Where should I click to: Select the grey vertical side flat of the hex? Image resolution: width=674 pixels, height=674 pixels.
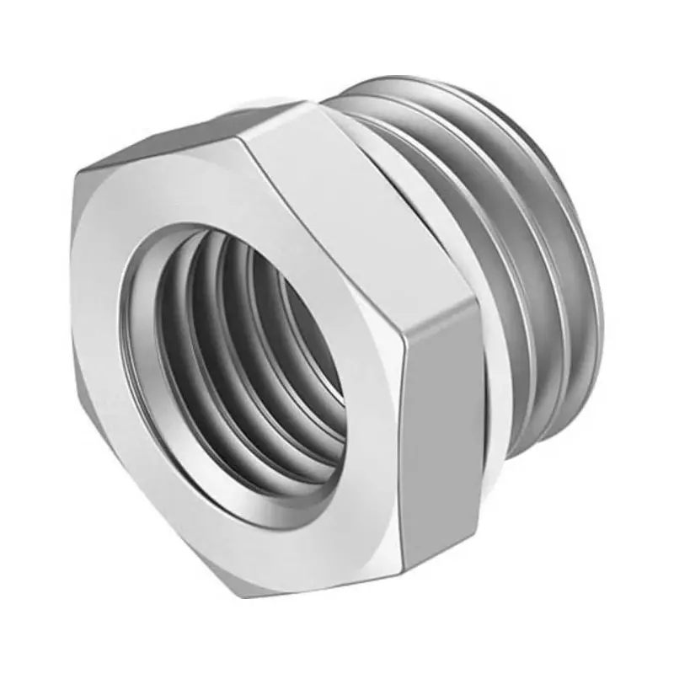442,447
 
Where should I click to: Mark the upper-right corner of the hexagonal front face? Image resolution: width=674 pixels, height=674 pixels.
404,350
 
